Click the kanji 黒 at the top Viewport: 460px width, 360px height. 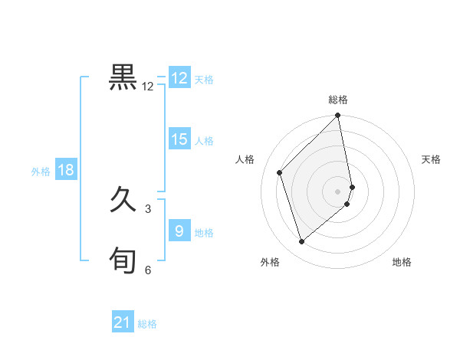tap(123, 77)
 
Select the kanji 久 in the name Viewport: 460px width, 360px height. tap(123, 201)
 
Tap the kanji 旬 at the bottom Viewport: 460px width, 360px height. tap(123, 261)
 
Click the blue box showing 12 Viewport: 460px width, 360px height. tap(179, 78)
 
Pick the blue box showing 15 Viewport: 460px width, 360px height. tap(179, 139)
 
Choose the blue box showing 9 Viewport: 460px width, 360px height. tap(179, 231)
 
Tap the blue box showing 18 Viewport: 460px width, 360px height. tap(66, 170)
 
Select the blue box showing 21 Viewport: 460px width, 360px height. tap(123, 322)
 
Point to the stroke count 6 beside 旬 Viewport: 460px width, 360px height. tap(148, 270)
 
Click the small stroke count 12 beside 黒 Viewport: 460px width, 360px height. tap(148, 87)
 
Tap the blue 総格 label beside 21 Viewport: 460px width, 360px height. tap(147, 324)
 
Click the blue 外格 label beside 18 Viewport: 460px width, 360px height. tap(41, 172)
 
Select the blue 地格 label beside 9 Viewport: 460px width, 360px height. tap(204, 233)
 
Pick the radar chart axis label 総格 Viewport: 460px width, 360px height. tap(338, 100)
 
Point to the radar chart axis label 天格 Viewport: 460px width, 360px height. tap(432, 159)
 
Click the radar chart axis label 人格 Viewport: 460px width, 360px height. tap(245, 159)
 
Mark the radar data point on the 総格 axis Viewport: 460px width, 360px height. tap(338, 116)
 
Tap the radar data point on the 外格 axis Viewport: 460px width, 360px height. tap(302, 241)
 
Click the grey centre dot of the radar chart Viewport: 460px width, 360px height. tap(338, 191)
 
